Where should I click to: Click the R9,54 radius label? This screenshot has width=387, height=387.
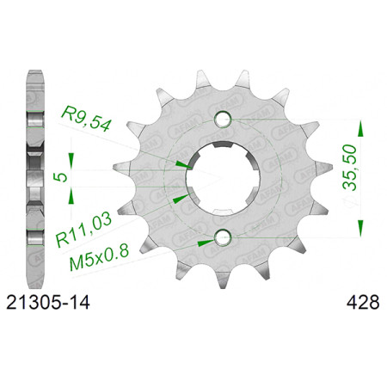86,119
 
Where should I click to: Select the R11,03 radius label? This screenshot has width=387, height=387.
84,230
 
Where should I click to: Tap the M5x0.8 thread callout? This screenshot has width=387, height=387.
100,257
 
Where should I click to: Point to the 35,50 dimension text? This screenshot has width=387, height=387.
350,168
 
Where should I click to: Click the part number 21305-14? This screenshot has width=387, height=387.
48,303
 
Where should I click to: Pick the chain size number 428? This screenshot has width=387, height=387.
363,303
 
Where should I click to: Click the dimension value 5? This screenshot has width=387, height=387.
61,178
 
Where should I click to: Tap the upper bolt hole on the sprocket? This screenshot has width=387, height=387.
224,119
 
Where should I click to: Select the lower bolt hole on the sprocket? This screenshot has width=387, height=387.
224,237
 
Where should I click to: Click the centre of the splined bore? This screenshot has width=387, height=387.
223,178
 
